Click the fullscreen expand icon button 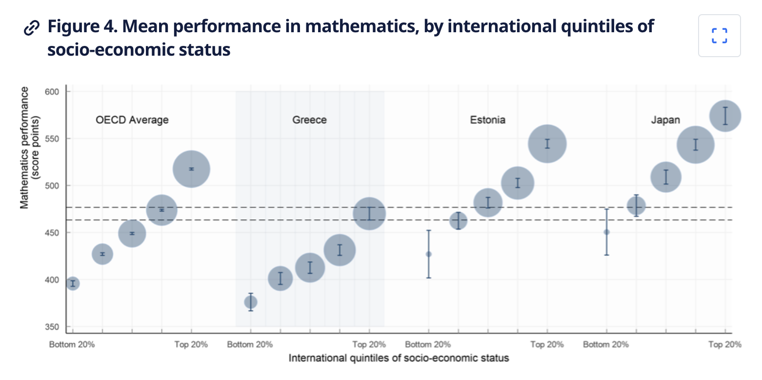(719, 36)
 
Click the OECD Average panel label (132, 120)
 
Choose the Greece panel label (309, 120)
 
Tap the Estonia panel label (487, 120)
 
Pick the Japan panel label (665, 120)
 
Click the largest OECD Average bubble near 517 (191, 169)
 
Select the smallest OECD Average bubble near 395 (73, 283)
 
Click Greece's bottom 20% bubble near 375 (250, 302)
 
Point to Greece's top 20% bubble (369, 213)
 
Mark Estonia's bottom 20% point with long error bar (428, 254)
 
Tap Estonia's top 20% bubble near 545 (547, 144)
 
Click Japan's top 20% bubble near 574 (725, 116)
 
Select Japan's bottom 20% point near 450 (606, 232)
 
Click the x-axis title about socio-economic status (399, 358)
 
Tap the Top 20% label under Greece (369, 344)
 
